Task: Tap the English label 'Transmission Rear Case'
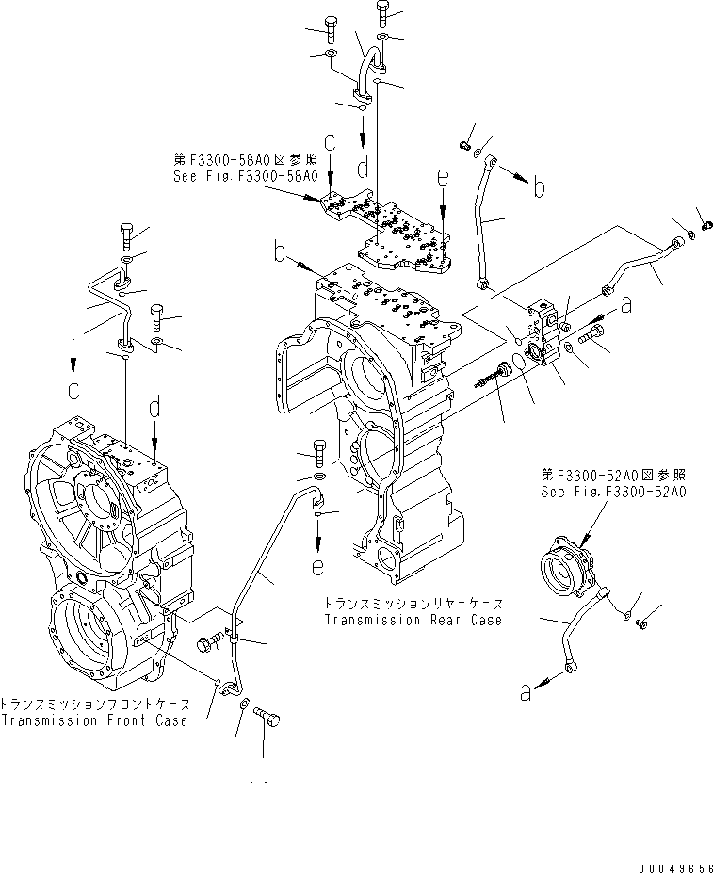[413, 620]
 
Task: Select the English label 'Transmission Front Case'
[92, 720]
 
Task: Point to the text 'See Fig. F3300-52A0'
[613, 491]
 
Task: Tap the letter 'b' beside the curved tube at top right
[539, 187]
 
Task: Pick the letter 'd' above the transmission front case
[155, 407]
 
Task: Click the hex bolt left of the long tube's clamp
[208, 643]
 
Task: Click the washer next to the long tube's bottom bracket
[245, 705]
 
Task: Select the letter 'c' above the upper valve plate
[330, 143]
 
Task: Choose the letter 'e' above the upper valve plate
[444, 176]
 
